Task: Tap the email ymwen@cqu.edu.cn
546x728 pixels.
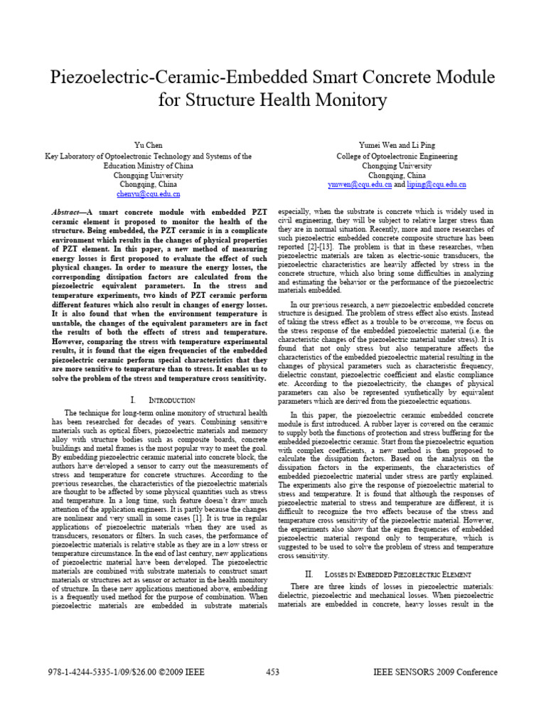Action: click(360, 183)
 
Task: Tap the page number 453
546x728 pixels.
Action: click(272, 673)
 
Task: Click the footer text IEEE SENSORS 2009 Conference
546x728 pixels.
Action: click(435, 673)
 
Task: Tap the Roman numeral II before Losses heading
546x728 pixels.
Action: click(309, 573)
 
